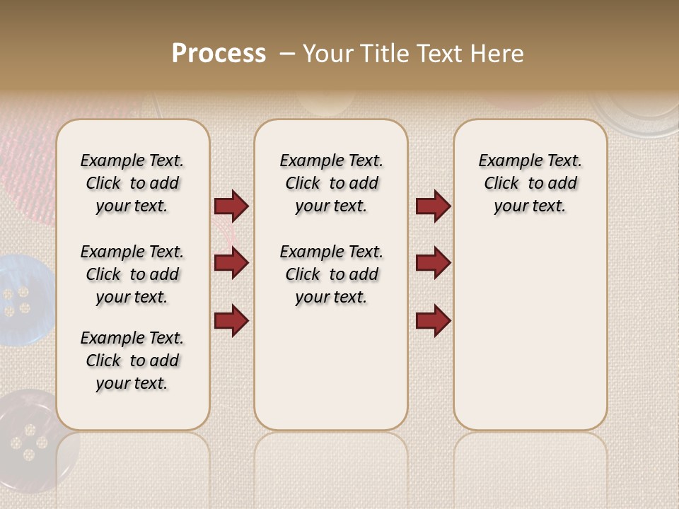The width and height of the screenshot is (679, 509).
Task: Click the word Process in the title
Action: tap(219, 53)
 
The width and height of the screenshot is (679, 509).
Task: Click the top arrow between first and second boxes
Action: tap(231, 206)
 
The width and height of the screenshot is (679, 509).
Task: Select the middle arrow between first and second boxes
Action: tap(231, 263)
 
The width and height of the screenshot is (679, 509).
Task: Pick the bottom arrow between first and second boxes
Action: tap(231, 320)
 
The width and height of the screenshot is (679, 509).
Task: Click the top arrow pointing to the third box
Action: tap(433, 206)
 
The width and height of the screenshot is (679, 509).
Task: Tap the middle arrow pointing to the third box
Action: tap(433, 263)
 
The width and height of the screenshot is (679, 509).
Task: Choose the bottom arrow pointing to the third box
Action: tap(433, 320)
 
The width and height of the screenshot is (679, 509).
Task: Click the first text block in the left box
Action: tap(132, 183)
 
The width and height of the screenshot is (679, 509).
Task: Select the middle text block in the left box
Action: tap(132, 274)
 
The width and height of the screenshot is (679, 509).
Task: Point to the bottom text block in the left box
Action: tap(132, 361)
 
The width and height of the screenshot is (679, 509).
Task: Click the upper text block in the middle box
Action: tap(331, 183)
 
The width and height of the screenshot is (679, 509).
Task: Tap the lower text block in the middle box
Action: tap(331, 274)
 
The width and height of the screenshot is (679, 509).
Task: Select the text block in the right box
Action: tap(530, 183)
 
